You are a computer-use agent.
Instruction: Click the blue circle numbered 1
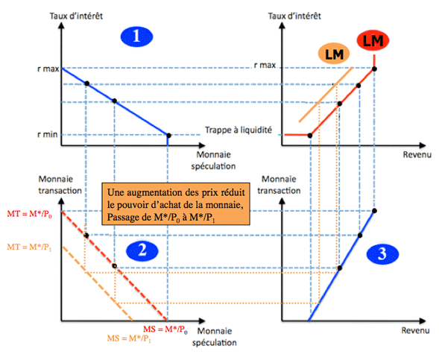[136, 37]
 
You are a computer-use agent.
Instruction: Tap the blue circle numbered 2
[142, 250]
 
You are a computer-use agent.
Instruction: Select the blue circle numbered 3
[382, 254]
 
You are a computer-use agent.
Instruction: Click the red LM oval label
[373, 41]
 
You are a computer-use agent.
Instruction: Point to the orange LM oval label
[334, 54]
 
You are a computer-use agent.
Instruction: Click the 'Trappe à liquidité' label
[239, 130]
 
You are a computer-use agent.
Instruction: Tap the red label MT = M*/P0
[29, 214]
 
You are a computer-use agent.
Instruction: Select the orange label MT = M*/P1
[29, 247]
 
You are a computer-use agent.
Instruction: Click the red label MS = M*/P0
[165, 329]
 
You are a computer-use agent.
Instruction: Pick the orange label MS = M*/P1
[129, 338]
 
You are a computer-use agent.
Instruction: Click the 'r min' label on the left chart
[47, 135]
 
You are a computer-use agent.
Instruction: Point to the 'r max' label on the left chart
[48, 69]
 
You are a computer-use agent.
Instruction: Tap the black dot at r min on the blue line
[168, 136]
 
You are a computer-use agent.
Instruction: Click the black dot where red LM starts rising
[310, 136]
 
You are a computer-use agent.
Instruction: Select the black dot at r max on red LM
[375, 69]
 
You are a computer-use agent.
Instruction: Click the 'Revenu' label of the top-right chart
[417, 155]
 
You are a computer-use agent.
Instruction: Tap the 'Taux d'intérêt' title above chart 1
[76, 16]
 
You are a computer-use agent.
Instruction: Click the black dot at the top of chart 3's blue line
[375, 211]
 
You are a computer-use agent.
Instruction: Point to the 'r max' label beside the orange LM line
[265, 66]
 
